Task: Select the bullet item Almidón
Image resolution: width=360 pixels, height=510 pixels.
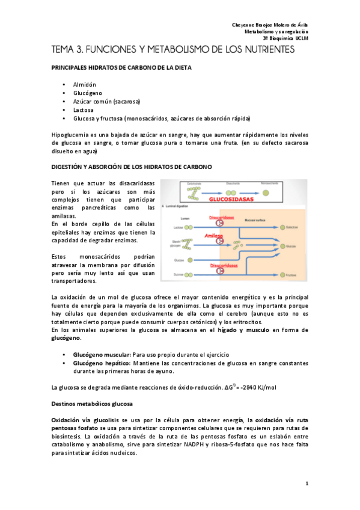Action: [84, 85]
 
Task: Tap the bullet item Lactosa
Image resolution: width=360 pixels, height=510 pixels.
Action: [84, 110]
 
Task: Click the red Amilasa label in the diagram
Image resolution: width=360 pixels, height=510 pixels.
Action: [214, 236]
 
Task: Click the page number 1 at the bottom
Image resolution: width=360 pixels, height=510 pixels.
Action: [307, 484]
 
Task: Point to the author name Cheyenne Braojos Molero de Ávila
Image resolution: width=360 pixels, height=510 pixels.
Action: [270, 23]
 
